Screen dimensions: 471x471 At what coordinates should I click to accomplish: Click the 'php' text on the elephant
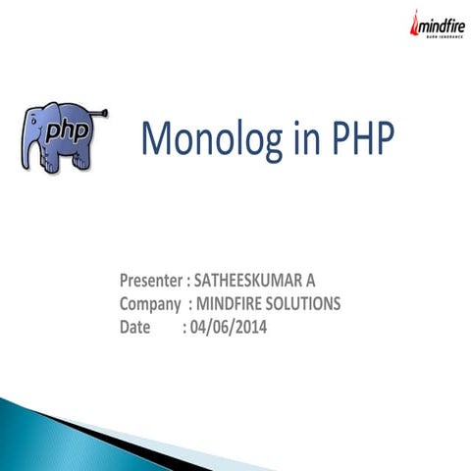click(66, 131)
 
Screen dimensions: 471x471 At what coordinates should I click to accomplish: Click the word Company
click(150, 304)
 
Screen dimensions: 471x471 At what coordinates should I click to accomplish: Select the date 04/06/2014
click(230, 326)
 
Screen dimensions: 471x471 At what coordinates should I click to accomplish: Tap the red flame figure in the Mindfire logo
click(415, 25)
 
